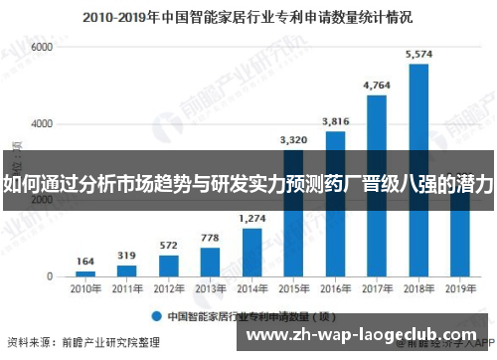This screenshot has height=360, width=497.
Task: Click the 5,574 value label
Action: tap(418, 54)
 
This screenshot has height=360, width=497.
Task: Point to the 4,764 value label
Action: tap(377, 86)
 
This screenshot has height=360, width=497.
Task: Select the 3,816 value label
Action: tap(335, 121)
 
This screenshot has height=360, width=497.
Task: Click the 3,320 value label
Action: tap(294, 140)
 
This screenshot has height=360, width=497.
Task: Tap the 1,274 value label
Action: tap(252, 218)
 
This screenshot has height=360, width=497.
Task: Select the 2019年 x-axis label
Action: tap(460, 288)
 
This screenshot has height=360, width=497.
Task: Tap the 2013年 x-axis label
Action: tap(211, 288)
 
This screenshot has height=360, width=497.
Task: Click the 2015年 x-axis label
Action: tap(294, 288)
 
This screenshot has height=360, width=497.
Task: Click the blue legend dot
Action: tap(156, 317)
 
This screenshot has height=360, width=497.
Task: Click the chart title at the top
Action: tap(248, 17)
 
